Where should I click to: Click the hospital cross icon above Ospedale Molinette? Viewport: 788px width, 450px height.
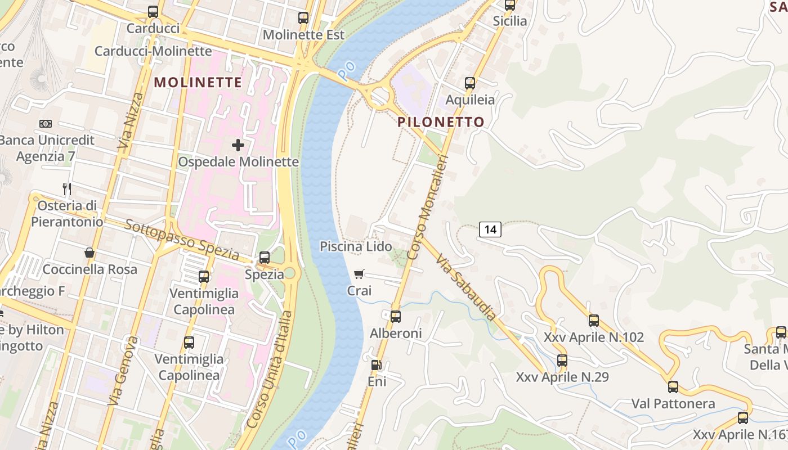[238, 145]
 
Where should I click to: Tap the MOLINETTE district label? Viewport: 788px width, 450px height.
[198, 82]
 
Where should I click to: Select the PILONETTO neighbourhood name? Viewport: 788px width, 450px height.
[441, 122]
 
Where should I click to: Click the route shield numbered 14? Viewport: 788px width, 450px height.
[490, 229]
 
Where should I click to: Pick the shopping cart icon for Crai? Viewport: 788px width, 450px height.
[359, 274]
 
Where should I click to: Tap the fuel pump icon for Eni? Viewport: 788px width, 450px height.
[376, 365]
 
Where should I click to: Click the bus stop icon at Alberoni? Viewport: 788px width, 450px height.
[396, 317]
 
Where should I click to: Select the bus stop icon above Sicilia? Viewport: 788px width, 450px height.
[510, 5]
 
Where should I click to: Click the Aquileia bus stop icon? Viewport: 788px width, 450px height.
[470, 84]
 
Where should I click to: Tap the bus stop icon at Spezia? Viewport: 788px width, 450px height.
[265, 258]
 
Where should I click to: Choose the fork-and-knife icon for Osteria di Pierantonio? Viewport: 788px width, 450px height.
[67, 189]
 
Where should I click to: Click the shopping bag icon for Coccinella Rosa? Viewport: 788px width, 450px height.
[89, 253]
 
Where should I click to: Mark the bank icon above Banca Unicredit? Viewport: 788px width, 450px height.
[46, 124]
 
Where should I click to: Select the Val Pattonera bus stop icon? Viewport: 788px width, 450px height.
[673, 387]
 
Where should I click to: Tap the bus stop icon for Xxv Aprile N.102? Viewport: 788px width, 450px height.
[594, 321]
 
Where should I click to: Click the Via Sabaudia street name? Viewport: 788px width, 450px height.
[466, 287]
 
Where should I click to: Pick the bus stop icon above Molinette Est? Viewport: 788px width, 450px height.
[303, 18]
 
